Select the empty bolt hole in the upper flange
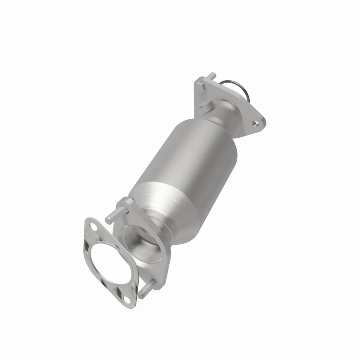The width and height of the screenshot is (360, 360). pyautogui.click(x=256, y=121)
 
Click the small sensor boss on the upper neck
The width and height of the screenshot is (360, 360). pyautogui.click(x=205, y=106)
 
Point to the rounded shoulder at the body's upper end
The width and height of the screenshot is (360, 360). pyautogui.click(x=211, y=128)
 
